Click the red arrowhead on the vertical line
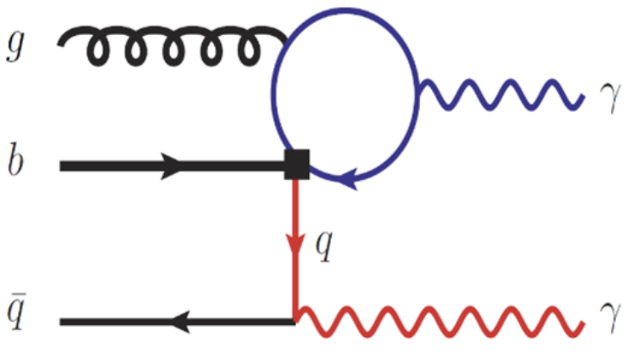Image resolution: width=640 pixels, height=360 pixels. pyautogui.click(x=295, y=246)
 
